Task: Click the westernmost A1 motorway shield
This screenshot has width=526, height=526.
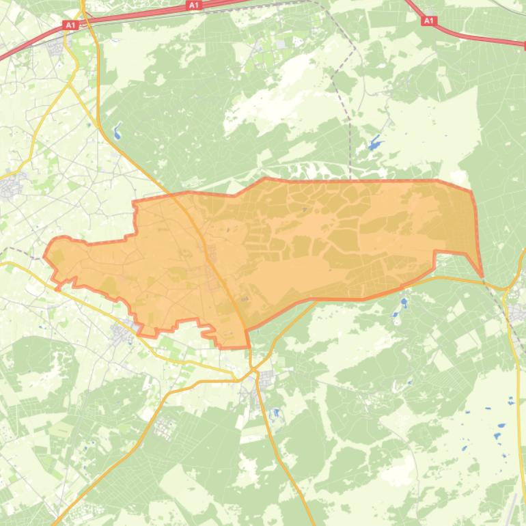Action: [x=70, y=25]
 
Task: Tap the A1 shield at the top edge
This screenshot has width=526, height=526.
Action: [x=194, y=5]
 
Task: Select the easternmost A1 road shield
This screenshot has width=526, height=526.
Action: [x=428, y=21]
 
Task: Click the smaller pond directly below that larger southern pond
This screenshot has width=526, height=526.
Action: [x=395, y=316]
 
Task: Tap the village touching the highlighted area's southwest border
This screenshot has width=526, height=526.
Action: [x=123, y=333]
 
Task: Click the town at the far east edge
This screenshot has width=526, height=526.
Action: [x=517, y=313]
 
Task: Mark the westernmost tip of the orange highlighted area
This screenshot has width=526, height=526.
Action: [x=44, y=257]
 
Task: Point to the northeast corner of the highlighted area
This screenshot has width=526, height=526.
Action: [x=471, y=191]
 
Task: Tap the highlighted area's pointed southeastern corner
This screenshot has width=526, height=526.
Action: [x=482, y=276]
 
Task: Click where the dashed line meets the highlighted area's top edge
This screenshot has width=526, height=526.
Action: [x=350, y=180]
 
